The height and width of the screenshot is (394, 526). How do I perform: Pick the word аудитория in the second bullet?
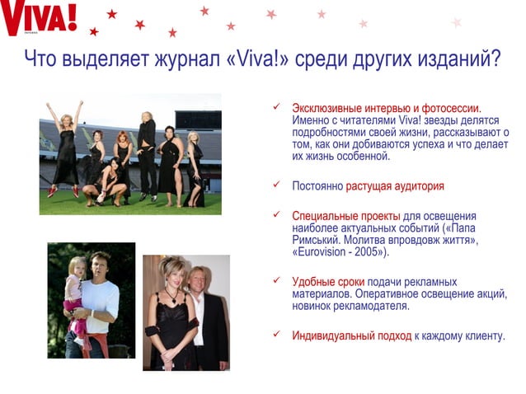(416, 185)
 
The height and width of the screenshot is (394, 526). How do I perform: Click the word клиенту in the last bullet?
(481, 335)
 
